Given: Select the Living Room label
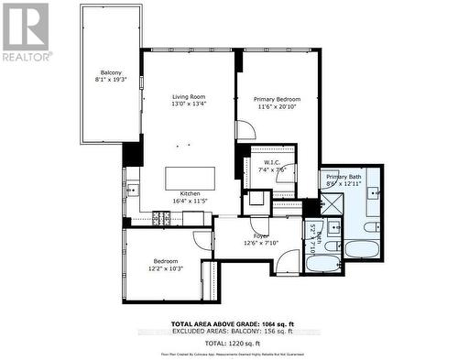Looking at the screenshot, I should pos(189,96).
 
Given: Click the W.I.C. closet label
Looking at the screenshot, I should pos(271,162).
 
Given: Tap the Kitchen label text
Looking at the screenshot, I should pos(190,193).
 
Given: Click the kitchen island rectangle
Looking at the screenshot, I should pos(189,177).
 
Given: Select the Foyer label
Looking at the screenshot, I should pos(261,235).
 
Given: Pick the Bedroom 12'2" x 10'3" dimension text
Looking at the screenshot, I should pos(166,269).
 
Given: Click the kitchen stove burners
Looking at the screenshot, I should pos(162,218).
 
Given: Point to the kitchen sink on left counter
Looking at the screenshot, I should pos(132,191).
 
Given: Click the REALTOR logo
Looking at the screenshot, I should pos(25,31).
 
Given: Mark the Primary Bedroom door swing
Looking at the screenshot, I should pos(244,130).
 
